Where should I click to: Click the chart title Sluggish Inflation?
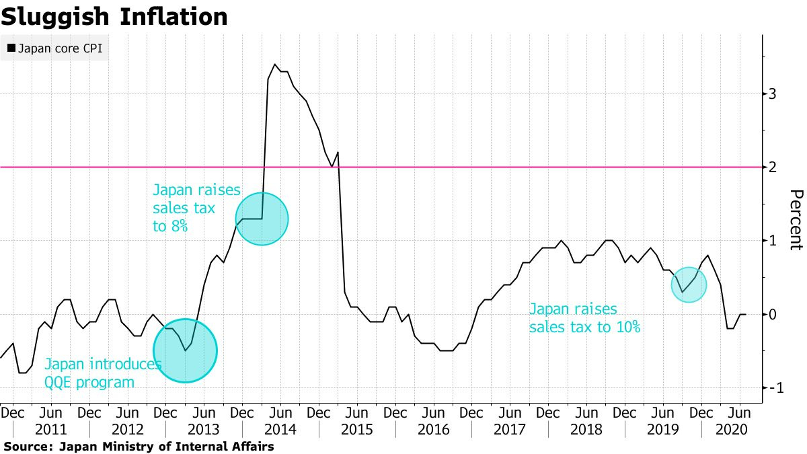114,17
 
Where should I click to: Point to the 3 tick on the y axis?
773,93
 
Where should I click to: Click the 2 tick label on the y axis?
773,167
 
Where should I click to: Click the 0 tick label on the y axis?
773,315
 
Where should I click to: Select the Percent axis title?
795,220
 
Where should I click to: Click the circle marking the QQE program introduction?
185,350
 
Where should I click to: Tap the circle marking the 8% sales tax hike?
262,219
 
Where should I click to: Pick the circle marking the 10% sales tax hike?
689,285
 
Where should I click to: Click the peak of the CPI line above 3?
275,65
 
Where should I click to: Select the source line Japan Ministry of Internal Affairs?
139,446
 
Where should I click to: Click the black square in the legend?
11,48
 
